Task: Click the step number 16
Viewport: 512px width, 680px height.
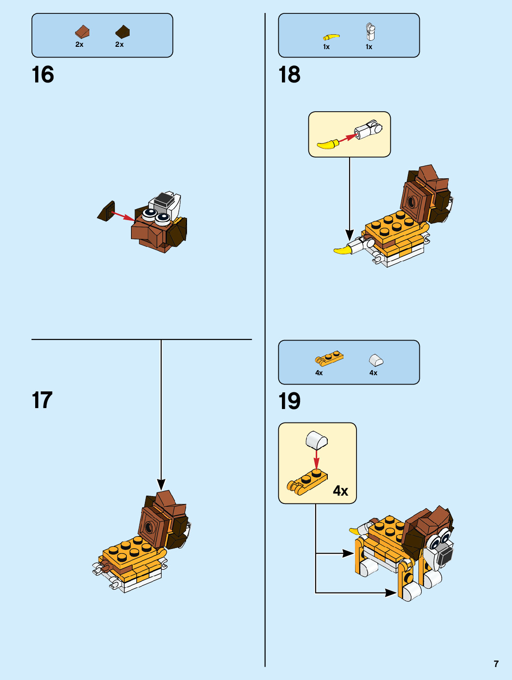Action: (x=43, y=75)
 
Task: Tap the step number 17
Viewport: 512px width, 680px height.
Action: (x=42, y=400)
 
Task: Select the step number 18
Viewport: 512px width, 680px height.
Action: (x=289, y=75)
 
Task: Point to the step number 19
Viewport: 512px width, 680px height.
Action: (x=289, y=401)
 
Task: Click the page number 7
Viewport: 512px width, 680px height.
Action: (x=496, y=664)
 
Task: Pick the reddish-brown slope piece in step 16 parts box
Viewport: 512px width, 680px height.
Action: (x=82, y=32)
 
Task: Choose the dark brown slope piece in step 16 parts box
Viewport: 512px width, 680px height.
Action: (x=123, y=32)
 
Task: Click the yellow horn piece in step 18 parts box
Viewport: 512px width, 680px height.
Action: (x=331, y=37)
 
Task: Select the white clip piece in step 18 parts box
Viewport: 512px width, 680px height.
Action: (x=370, y=31)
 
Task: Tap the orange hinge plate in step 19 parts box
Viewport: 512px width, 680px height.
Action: (x=329, y=359)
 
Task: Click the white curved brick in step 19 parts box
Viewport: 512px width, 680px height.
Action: (x=376, y=360)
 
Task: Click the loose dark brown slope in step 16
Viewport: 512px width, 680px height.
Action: (x=106, y=211)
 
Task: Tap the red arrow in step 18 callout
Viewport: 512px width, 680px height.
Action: (x=347, y=138)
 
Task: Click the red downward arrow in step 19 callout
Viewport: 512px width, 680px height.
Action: (x=316, y=460)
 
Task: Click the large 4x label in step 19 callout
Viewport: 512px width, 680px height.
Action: (x=341, y=491)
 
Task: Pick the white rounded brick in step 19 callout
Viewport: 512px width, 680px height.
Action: (x=317, y=440)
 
